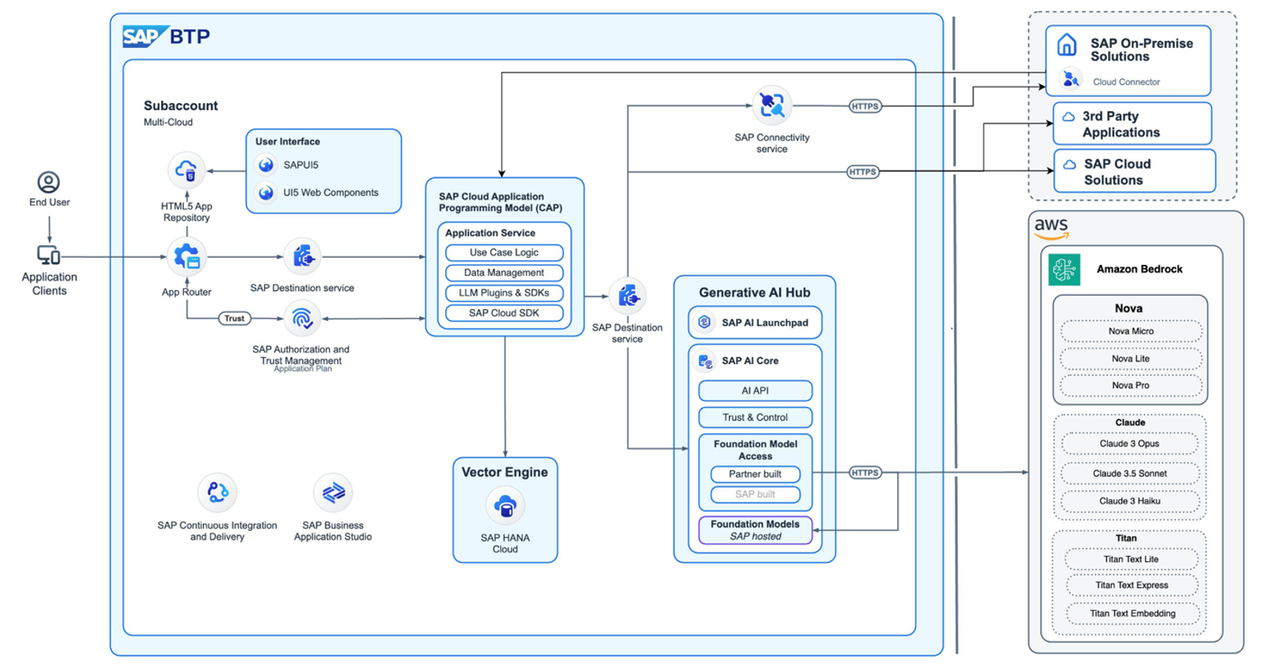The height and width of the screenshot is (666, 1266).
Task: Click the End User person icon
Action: (x=49, y=182)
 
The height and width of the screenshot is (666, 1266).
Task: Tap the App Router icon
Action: (x=186, y=256)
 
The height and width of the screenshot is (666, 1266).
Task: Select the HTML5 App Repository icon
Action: (x=186, y=171)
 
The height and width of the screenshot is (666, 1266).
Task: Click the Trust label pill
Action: (x=234, y=318)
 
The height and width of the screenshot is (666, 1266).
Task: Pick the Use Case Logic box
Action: (x=504, y=252)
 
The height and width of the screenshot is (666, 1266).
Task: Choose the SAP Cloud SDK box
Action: (x=504, y=313)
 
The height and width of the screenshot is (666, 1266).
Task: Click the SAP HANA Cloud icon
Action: (x=505, y=507)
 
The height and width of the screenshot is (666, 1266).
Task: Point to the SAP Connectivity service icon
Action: (x=771, y=105)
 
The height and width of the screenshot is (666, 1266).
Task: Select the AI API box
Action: (x=755, y=391)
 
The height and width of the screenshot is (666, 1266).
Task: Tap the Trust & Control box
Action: (x=755, y=418)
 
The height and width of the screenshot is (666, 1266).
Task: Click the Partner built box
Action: (x=755, y=474)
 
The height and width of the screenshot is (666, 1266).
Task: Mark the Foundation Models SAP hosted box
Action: (x=755, y=530)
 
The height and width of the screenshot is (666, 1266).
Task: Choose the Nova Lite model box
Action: (x=1131, y=359)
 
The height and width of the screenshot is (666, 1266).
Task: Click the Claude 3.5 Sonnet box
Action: (x=1129, y=473)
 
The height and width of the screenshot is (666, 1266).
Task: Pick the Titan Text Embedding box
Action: (x=1132, y=613)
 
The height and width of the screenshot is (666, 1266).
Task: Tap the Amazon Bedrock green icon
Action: (x=1065, y=269)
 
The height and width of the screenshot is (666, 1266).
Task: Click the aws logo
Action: (x=1051, y=228)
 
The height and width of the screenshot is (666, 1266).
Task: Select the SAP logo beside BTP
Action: (x=143, y=37)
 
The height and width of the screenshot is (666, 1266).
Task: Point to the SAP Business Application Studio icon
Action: (x=333, y=493)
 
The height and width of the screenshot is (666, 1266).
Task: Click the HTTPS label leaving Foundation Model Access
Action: (x=865, y=473)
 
